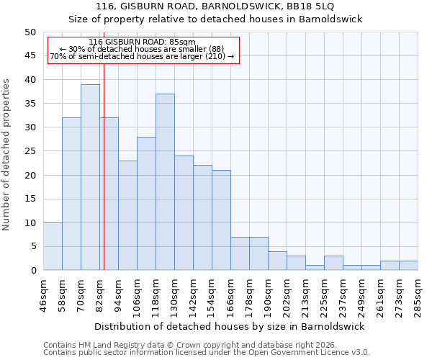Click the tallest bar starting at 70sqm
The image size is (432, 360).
90,177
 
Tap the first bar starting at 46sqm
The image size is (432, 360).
53,246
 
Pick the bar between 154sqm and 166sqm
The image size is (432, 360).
221,220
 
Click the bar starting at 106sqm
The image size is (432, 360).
146,204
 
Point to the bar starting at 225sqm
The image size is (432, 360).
333,263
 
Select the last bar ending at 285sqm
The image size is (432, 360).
408,265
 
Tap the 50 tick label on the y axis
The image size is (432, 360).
30,32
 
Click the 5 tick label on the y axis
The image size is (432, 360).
32,246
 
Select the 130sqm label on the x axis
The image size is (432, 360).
174,295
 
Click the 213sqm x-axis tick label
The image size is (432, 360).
305,295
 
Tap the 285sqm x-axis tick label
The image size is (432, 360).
418,295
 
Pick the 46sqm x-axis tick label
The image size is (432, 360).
43,295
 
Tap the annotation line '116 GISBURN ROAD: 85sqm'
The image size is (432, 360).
143,42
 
